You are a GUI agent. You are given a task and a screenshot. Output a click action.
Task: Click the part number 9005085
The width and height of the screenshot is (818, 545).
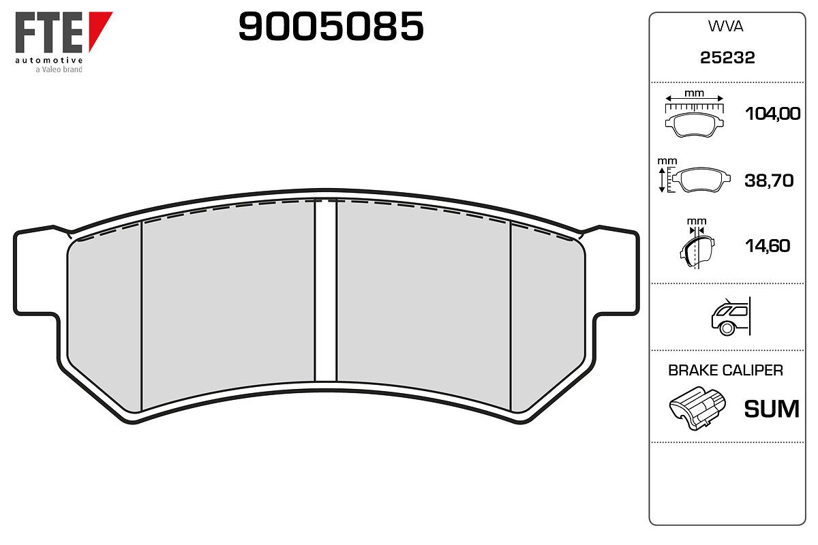point(331,26)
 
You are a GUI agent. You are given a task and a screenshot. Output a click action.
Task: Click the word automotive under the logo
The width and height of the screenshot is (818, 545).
point(48,60)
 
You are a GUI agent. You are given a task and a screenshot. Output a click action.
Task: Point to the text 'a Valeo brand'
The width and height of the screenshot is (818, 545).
point(59,69)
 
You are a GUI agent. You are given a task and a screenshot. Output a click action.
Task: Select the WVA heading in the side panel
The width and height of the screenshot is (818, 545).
point(725,27)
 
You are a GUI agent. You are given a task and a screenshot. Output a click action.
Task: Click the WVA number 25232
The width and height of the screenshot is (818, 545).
point(727,58)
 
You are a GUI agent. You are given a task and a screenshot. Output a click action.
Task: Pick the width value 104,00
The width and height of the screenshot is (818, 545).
point(772,114)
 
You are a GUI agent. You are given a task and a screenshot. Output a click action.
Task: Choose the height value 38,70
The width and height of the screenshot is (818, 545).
point(769,181)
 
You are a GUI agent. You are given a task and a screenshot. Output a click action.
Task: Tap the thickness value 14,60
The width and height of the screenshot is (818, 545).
point(768,246)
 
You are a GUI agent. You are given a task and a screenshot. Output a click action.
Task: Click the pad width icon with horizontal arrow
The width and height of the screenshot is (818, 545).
point(694,114)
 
